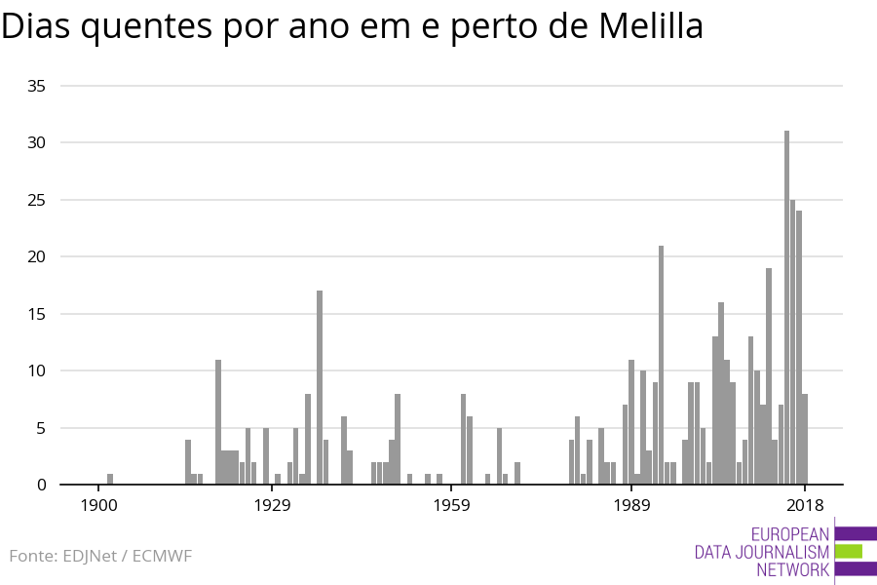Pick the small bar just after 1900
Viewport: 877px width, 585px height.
pos(110,479)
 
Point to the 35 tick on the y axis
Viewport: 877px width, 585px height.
pos(37,86)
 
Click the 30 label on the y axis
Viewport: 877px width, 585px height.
pos(37,142)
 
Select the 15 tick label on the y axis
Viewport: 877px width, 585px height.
pos(37,314)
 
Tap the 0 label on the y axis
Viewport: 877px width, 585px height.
pos(42,485)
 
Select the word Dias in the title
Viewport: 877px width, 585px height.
pos(37,27)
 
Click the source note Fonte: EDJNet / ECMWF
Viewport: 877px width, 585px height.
pos(100,556)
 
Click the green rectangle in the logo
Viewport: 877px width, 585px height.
pos(849,551)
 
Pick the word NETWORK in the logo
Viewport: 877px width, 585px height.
pos(792,569)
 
